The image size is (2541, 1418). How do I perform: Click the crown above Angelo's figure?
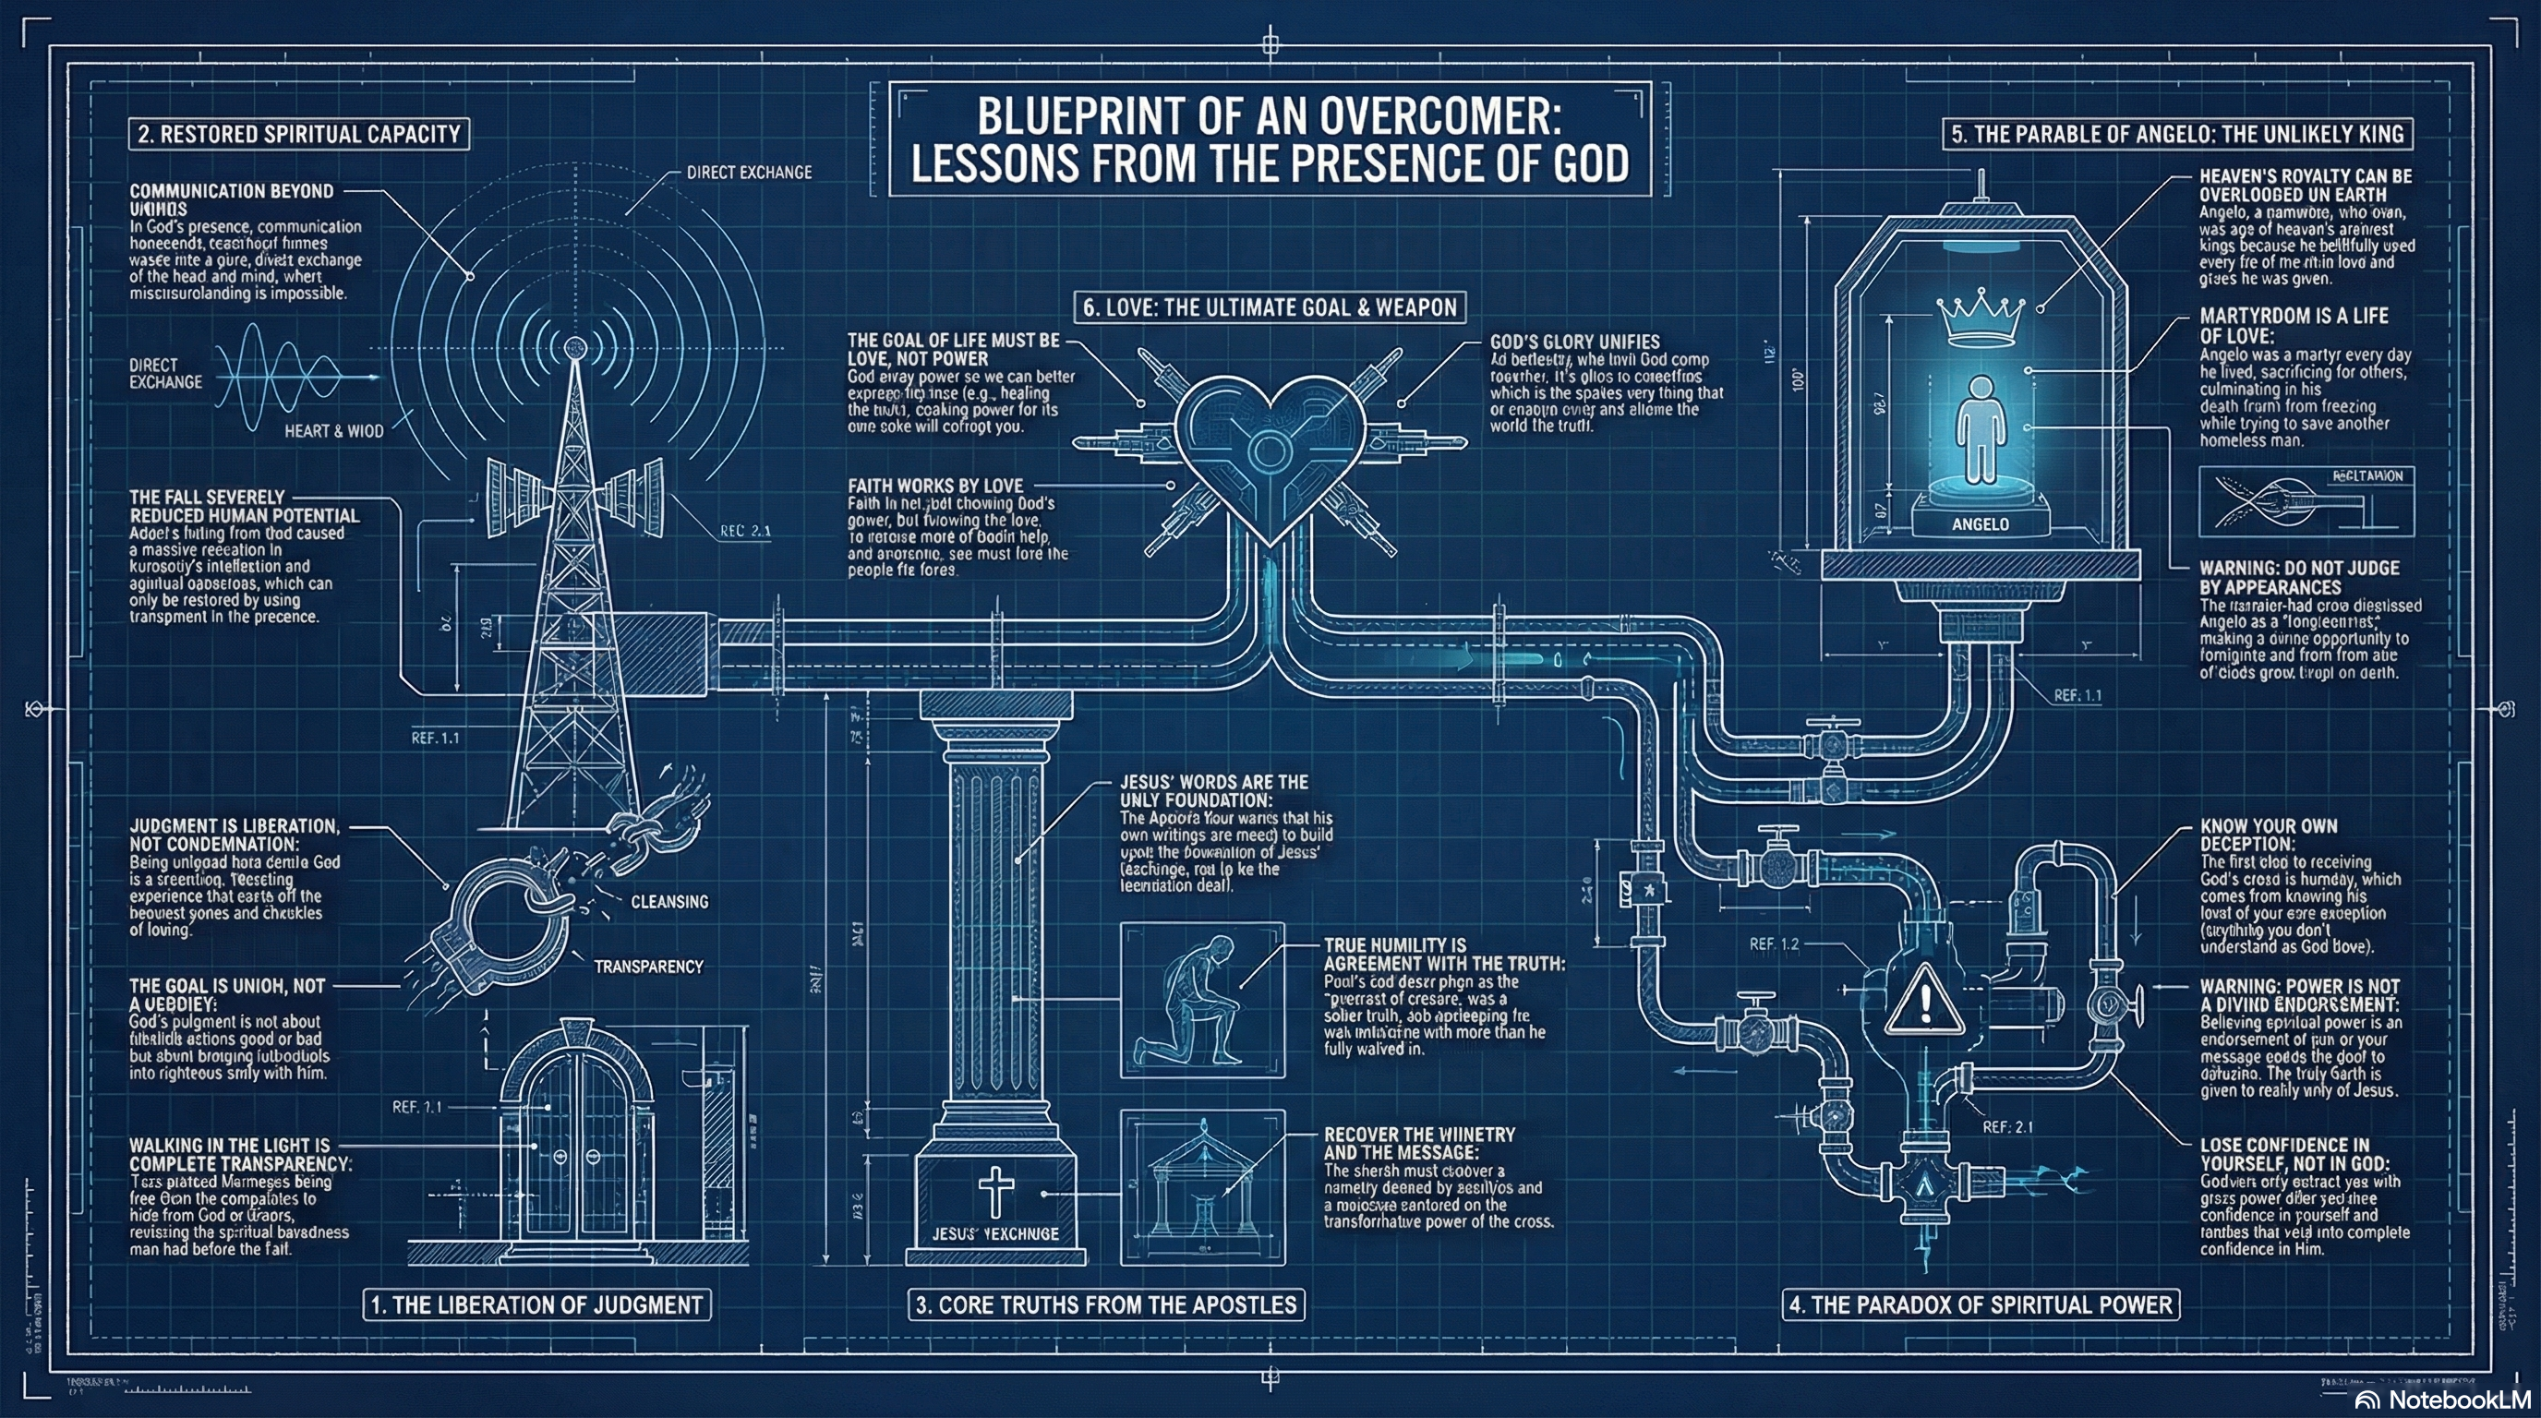click(1981, 318)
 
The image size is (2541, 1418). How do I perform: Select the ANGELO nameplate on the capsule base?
click(1980, 523)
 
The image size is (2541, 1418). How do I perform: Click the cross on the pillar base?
click(995, 1190)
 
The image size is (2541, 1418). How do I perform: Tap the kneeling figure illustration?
click(1201, 1000)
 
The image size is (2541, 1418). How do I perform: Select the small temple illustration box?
click(1202, 1186)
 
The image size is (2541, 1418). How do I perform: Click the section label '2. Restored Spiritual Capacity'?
click(299, 134)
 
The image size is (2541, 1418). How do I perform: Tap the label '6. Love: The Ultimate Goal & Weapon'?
click(1270, 307)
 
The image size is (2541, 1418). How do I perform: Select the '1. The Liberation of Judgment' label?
click(537, 1304)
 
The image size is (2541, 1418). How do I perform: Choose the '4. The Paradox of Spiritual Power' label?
click(1981, 1304)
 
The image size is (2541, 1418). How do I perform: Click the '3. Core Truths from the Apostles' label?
click(1106, 1304)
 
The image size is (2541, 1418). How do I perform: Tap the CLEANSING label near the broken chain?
click(669, 901)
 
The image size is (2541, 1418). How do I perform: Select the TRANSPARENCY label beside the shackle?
click(648, 967)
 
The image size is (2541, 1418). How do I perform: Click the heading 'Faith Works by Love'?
click(935, 486)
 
